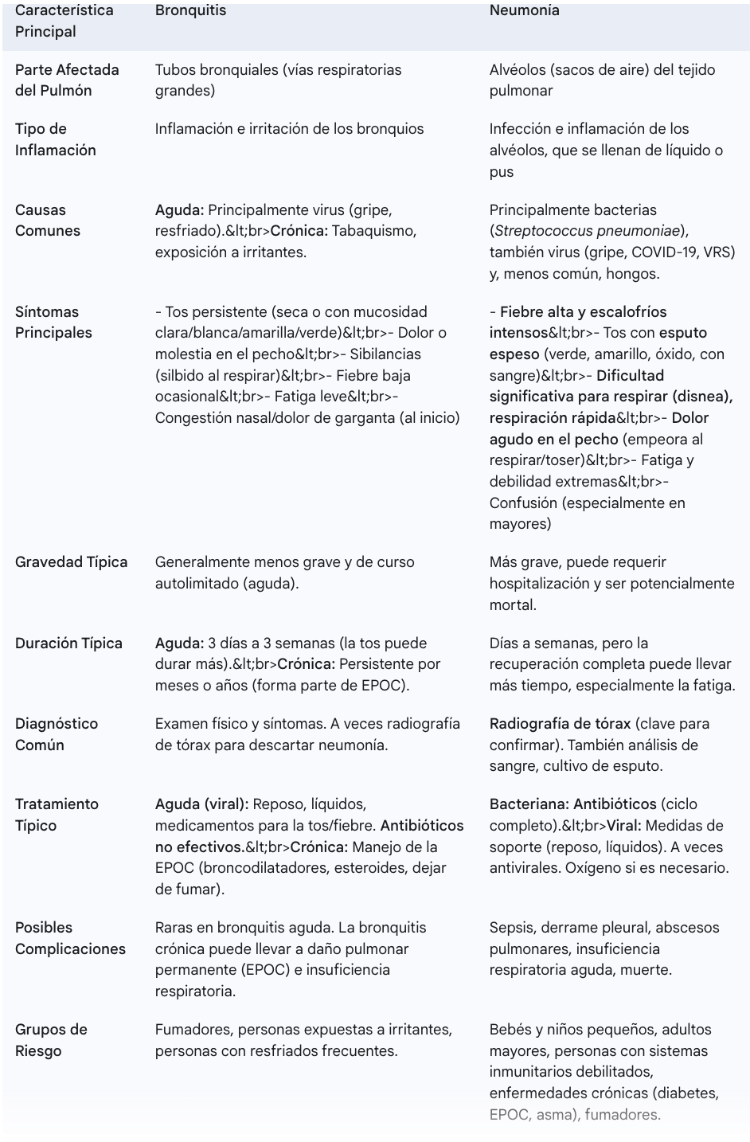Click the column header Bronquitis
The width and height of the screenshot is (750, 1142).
[x=190, y=10]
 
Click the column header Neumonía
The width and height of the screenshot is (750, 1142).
[x=524, y=10]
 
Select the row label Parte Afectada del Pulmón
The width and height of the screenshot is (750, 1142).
[x=67, y=80]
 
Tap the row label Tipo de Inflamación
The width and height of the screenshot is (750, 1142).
[x=55, y=139]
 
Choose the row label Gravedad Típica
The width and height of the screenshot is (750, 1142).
[x=71, y=562]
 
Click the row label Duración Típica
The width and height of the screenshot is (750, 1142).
[x=68, y=643]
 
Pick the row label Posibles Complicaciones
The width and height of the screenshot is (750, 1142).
[x=70, y=938]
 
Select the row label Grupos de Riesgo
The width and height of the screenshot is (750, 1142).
[x=51, y=1040]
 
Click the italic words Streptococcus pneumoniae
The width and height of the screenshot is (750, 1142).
[x=588, y=231]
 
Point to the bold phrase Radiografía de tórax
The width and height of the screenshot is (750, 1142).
[x=560, y=724]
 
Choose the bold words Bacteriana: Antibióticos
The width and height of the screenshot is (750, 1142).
[x=573, y=804]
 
